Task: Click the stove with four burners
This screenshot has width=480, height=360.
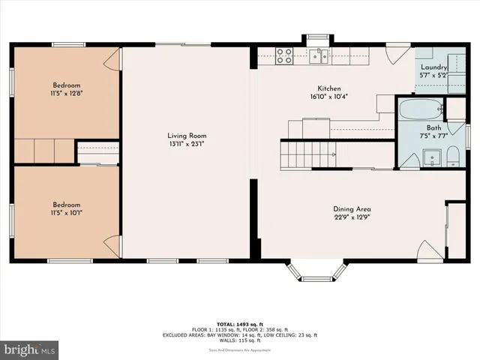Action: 284,55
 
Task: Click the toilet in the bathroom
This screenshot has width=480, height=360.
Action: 452,156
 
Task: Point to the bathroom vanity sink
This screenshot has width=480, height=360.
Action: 430,157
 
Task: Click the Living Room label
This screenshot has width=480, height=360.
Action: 187,136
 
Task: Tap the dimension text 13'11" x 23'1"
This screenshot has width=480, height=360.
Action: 187,145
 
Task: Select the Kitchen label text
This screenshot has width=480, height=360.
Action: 329,88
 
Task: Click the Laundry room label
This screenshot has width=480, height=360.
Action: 434,67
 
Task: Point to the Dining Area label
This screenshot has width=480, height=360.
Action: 352,209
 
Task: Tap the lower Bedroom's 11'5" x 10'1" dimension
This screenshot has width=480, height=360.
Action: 66,214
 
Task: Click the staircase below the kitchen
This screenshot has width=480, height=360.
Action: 304,154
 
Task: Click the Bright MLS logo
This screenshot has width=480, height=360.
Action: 30,349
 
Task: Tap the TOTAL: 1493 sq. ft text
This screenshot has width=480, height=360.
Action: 240,322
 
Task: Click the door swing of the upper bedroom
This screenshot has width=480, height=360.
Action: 112,60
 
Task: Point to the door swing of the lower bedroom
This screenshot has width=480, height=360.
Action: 112,245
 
